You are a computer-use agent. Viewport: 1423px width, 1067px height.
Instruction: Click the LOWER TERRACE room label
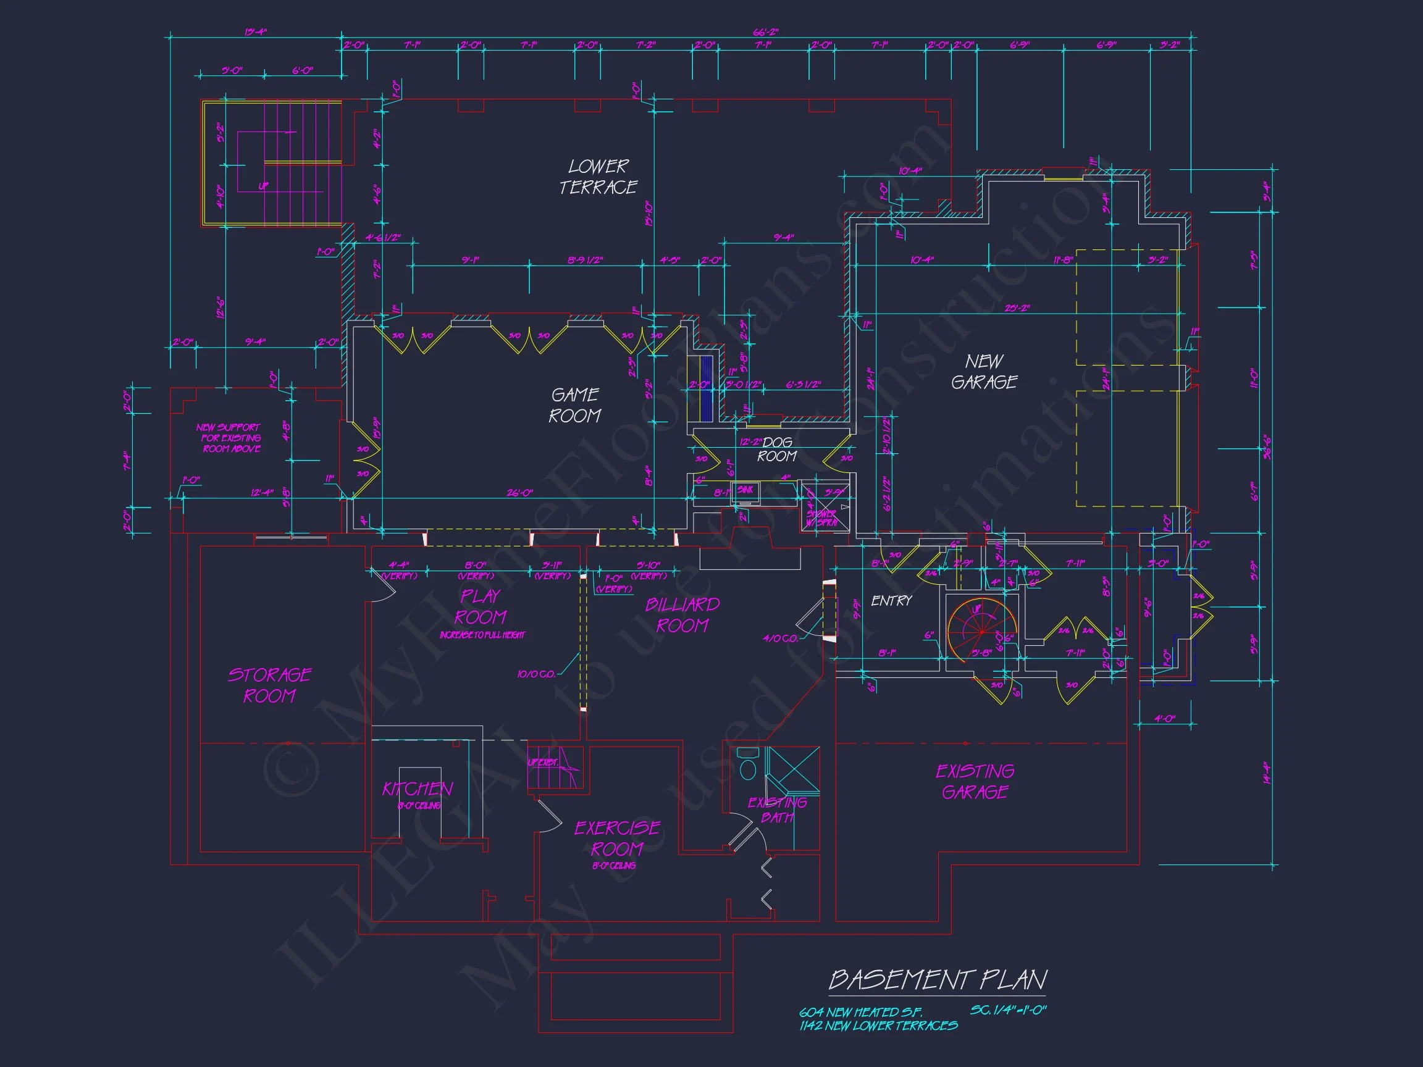click(598, 177)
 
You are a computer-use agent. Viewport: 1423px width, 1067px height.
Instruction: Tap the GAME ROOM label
click(574, 405)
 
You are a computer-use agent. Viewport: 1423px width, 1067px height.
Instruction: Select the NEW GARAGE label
click(984, 372)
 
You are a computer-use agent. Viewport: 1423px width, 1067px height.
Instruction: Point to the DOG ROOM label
click(777, 450)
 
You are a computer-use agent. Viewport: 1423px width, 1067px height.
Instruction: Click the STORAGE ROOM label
click(269, 685)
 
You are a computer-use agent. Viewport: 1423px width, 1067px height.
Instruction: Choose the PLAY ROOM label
click(481, 607)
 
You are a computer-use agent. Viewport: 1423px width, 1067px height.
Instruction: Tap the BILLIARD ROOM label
click(682, 615)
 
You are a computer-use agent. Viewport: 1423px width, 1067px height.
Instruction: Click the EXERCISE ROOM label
click(617, 838)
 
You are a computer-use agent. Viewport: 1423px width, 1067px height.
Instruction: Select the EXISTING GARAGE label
click(975, 782)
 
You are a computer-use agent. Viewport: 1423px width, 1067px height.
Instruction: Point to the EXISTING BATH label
click(777, 810)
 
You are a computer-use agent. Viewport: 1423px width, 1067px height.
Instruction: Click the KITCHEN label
click(418, 789)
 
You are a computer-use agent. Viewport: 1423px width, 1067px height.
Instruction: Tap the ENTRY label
click(891, 601)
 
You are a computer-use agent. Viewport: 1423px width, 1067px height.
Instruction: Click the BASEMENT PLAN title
click(938, 980)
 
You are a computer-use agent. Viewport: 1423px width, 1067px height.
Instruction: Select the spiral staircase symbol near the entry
click(981, 631)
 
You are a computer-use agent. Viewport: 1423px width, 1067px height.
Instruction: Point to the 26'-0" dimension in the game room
click(520, 493)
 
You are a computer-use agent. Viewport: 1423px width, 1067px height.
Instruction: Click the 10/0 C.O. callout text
click(536, 674)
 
